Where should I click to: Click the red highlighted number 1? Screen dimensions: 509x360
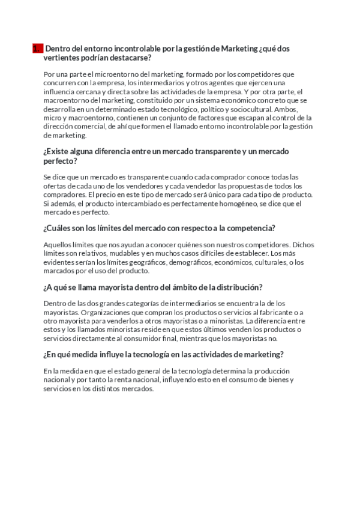pyautogui.click(x=37, y=49)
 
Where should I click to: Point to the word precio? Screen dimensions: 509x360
pyautogui.click(x=117, y=195)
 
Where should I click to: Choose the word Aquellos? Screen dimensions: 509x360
pyautogui.click(x=59, y=245)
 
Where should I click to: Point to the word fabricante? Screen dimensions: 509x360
pyautogui.click(x=279, y=313)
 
